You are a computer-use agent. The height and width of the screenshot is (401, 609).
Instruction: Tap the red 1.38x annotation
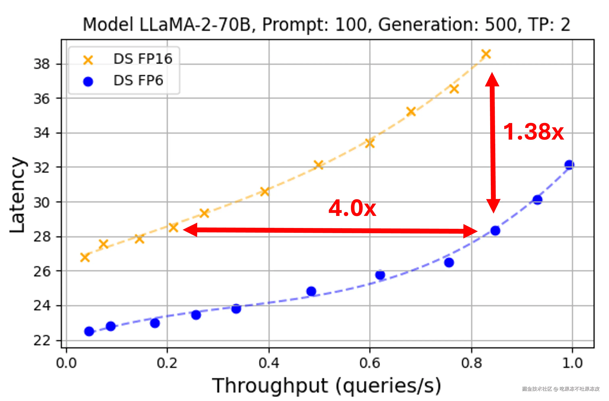(533, 132)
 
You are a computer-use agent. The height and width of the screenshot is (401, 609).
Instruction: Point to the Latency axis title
(17, 195)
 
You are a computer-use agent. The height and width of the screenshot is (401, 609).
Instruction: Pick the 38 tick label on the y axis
(41, 64)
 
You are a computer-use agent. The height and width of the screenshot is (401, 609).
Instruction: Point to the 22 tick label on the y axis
(41, 341)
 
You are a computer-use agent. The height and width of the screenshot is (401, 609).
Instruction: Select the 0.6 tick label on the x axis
(370, 363)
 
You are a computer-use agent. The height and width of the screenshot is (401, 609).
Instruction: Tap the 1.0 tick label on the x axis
(572, 363)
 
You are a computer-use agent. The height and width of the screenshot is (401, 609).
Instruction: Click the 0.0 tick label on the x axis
(66, 363)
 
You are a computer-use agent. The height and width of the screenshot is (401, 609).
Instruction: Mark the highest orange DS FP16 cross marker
(486, 54)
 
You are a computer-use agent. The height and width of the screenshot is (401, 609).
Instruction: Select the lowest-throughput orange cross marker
(85, 257)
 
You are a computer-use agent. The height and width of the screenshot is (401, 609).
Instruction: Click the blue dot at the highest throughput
(569, 165)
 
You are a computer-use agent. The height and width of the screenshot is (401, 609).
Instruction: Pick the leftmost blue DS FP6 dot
(89, 331)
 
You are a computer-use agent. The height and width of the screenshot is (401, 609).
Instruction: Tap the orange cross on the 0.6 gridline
(370, 143)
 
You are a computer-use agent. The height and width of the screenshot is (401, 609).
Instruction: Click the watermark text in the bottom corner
(560, 389)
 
